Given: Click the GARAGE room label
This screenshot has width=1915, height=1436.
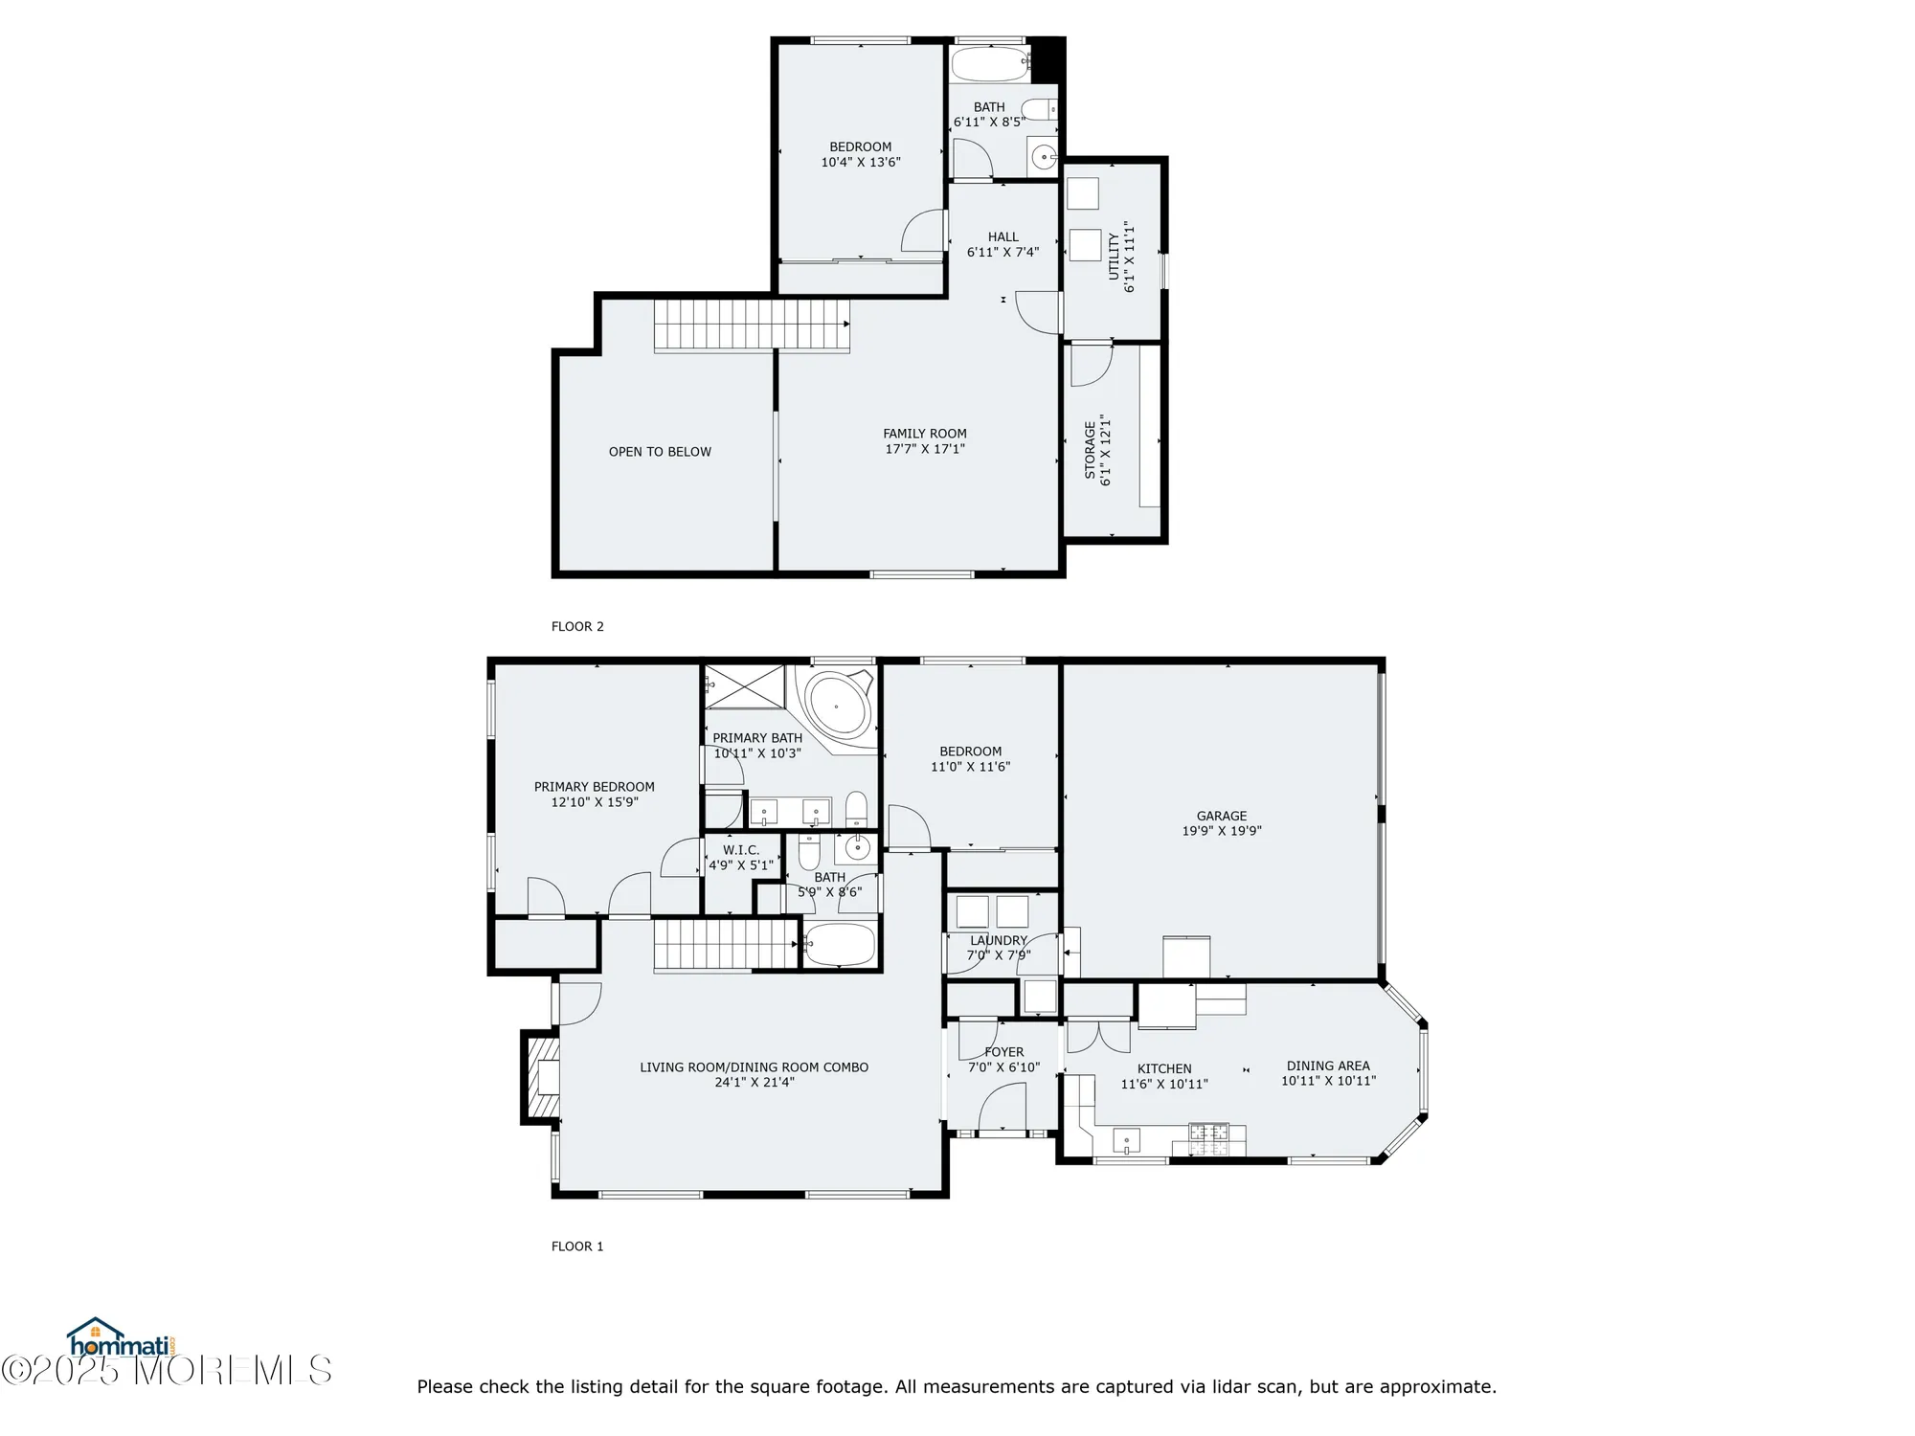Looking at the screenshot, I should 1221,816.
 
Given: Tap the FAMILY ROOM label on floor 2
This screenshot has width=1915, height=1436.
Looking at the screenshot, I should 924,434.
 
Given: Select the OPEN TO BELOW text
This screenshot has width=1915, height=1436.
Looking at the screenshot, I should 660,452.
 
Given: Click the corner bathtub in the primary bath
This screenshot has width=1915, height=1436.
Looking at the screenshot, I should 838,707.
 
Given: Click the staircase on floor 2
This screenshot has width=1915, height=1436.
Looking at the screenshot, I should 752,325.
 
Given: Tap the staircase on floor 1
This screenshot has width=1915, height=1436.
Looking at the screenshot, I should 726,944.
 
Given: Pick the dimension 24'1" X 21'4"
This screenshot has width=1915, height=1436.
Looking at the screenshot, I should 754,1083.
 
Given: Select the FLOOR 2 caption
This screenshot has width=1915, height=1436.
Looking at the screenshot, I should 577,627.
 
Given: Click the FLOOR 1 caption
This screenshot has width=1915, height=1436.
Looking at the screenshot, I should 577,1246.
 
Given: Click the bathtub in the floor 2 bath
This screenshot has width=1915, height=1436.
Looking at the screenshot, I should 989,64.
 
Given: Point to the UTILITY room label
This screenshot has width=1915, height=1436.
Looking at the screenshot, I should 1114,257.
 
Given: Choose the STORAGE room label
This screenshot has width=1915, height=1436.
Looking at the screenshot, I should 1090,450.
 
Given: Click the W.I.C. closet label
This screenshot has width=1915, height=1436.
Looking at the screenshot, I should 740,850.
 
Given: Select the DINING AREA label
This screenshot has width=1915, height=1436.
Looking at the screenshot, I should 1327,1066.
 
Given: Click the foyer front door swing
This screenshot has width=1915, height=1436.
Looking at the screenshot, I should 1002,1107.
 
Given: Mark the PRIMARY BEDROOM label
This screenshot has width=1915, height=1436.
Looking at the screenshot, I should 594,787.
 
